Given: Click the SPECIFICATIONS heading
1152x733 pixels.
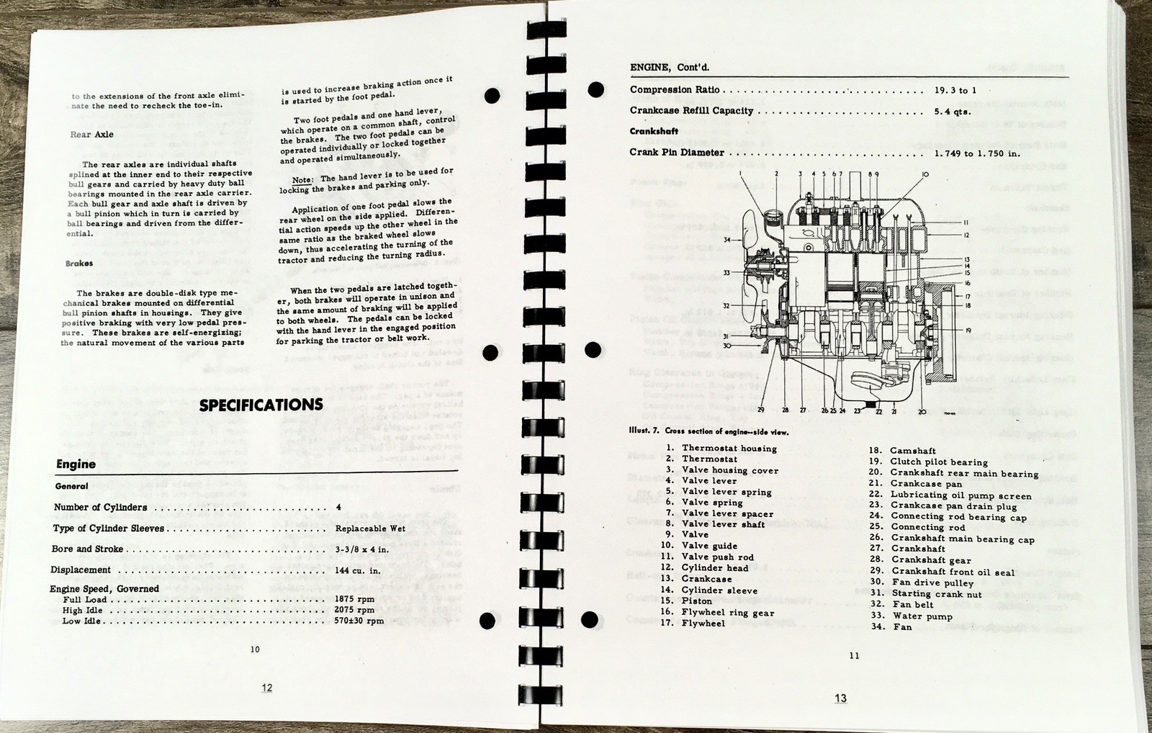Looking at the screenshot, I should pyautogui.click(x=261, y=405).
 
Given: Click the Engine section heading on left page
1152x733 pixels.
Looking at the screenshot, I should pyautogui.click(x=76, y=464).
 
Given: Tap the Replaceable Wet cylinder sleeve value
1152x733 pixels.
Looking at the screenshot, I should pyautogui.click(x=370, y=529).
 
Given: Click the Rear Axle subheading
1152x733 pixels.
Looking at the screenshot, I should pyautogui.click(x=91, y=135).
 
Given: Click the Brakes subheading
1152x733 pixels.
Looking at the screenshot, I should pyautogui.click(x=78, y=264).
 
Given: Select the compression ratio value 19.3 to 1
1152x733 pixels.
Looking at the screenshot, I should pyautogui.click(x=955, y=91).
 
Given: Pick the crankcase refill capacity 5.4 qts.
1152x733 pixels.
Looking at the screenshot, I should pyautogui.click(x=953, y=112).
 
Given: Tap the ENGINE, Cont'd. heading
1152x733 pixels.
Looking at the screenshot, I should pyautogui.click(x=670, y=68).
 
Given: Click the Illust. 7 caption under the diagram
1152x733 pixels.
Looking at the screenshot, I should pyautogui.click(x=708, y=432).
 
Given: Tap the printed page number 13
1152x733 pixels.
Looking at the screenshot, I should pyautogui.click(x=840, y=698).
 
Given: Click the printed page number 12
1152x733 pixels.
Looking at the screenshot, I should pyautogui.click(x=266, y=688).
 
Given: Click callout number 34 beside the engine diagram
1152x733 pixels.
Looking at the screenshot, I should pyautogui.click(x=727, y=240).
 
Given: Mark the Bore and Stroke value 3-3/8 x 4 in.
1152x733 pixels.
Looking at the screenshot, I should pyautogui.click(x=362, y=549).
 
